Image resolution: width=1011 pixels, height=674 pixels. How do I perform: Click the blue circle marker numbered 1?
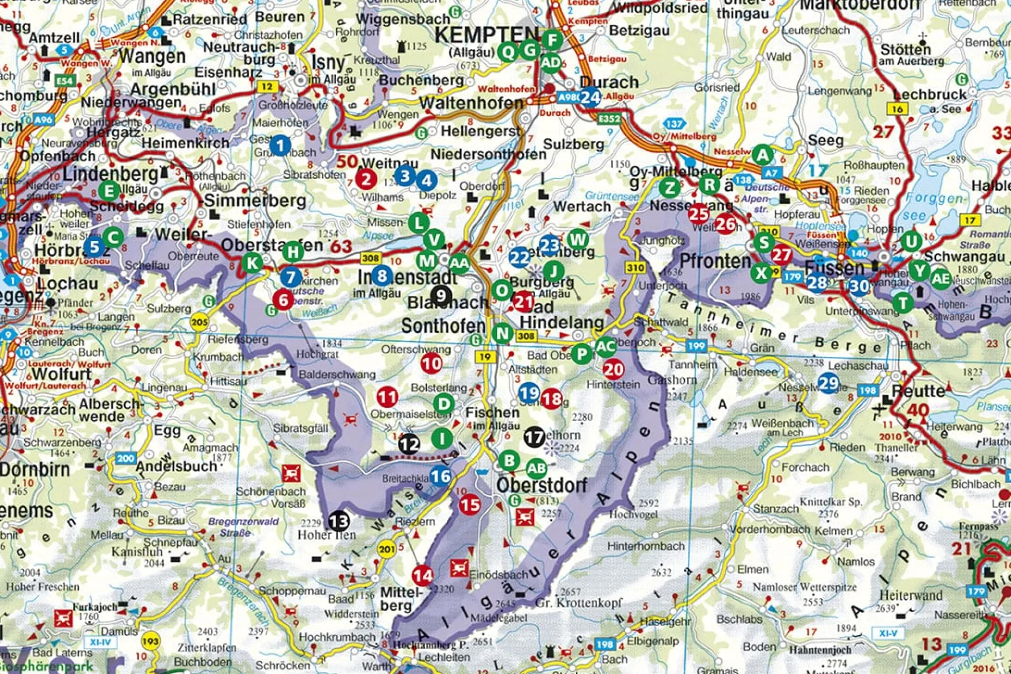[280, 145]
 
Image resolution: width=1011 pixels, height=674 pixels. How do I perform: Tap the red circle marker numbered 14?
[423, 575]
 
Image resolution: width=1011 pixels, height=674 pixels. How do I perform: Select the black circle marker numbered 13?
[338, 521]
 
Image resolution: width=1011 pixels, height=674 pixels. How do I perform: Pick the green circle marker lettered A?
[762, 155]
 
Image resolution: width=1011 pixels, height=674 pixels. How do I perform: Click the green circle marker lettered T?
[903, 303]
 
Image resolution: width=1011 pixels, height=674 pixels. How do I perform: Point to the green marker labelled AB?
[536, 468]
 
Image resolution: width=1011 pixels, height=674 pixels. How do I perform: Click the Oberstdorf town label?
[541, 485]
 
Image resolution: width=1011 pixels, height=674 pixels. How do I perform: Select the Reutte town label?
[918, 391]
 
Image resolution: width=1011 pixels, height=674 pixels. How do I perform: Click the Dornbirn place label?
[34, 469]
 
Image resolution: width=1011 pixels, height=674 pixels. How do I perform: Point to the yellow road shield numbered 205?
[199, 322]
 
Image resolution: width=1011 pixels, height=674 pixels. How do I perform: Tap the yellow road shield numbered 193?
[151, 641]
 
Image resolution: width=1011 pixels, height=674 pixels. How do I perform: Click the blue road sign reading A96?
[43, 119]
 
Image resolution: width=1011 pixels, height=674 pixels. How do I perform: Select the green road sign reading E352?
[609, 119]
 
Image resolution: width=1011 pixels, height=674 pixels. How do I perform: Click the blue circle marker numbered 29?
[828, 383]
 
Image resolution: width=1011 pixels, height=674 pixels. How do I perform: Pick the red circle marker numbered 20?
[613, 369]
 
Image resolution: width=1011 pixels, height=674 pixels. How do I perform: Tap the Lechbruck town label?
[930, 95]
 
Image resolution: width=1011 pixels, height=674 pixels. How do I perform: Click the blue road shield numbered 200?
[126, 459]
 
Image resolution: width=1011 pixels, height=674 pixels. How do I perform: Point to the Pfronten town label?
[714, 261]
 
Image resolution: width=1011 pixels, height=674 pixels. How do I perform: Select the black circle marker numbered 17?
[534, 437]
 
